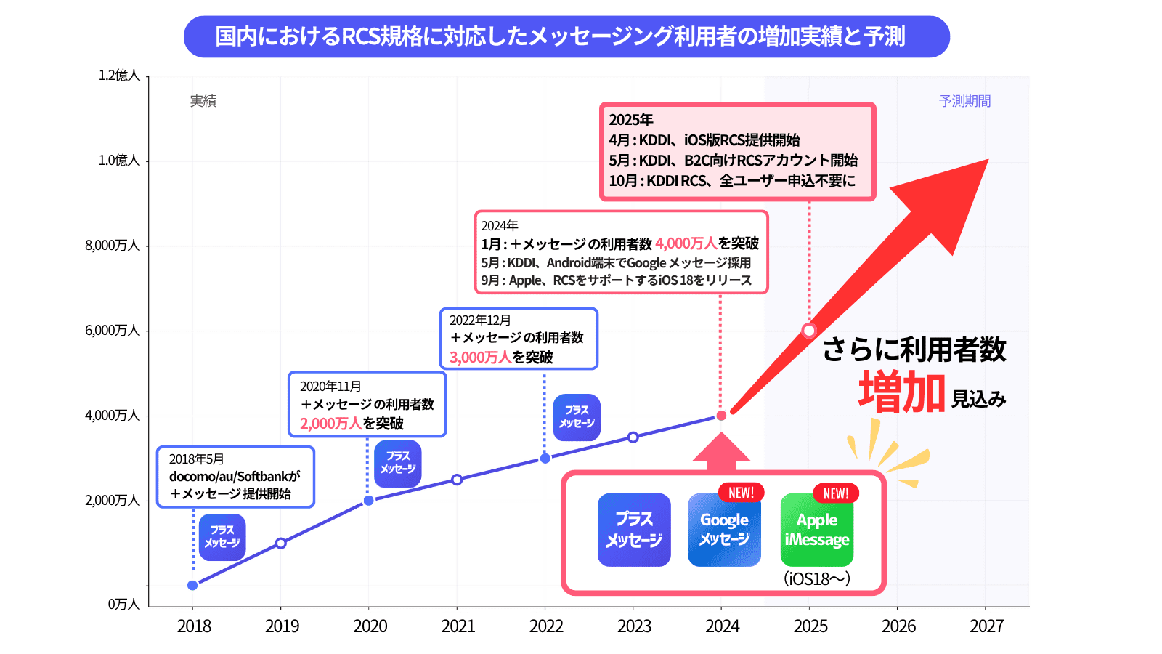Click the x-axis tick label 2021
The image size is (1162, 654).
(x=458, y=626)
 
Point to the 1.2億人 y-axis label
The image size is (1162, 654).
(x=119, y=76)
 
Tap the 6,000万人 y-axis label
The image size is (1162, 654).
(x=113, y=331)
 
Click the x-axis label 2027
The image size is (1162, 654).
(x=986, y=626)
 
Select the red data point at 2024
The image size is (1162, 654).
(x=721, y=416)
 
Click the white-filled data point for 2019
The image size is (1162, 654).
(x=281, y=543)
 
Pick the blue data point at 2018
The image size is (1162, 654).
(x=192, y=585)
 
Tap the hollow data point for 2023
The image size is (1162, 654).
(x=633, y=437)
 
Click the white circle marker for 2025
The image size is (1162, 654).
(x=809, y=331)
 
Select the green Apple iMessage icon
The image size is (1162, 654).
(x=817, y=530)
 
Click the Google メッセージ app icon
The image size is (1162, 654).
(x=724, y=530)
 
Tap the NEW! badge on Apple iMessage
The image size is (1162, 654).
(x=836, y=493)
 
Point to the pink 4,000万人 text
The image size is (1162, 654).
(x=686, y=243)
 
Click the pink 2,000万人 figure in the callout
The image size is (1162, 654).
(x=330, y=423)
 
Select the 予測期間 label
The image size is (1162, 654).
(x=964, y=101)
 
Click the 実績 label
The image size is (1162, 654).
(x=203, y=101)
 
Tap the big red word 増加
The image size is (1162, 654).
(x=902, y=392)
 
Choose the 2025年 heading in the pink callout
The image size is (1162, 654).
(x=631, y=120)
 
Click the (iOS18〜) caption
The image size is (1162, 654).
(x=817, y=579)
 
